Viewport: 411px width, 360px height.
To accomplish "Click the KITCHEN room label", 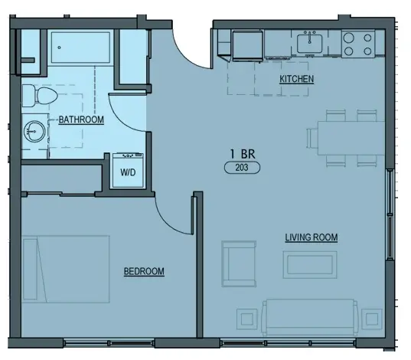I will point(297,80).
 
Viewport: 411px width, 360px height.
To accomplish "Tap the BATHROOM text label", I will point(82,119).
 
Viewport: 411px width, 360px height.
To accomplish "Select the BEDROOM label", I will point(144,272).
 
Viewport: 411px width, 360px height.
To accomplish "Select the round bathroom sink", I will point(34,129).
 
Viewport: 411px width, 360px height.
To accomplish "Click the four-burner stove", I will point(357,44).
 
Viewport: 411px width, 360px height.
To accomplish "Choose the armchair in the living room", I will point(240,263).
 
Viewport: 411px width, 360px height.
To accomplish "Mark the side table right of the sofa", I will point(373,318).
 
